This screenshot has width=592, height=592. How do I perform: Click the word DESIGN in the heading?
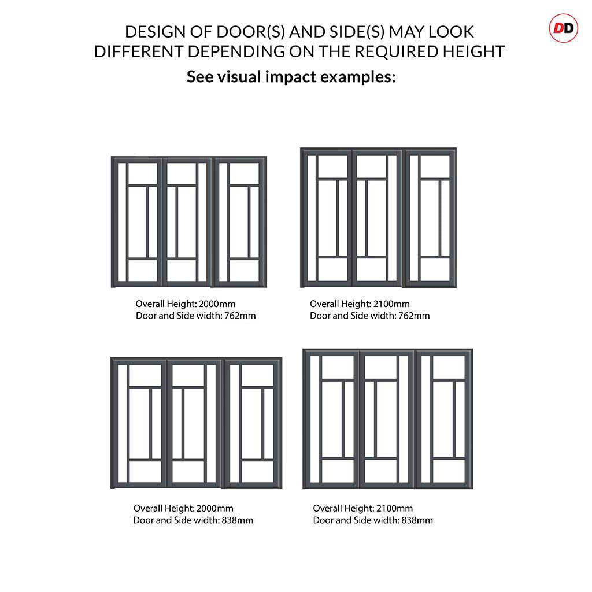(153, 31)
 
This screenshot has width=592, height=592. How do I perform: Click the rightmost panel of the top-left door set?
(240, 222)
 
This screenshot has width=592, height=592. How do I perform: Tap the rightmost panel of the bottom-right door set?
(443, 419)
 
